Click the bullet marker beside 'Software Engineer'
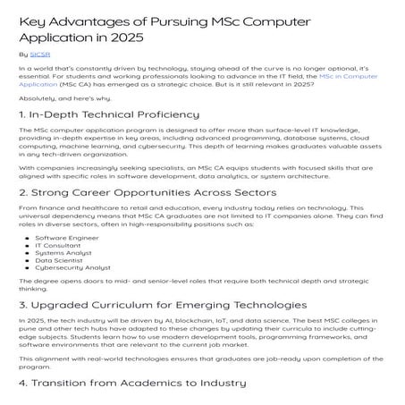pyautogui.click(x=30, y=240)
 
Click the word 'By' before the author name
pyautogui.click(x=23, y=55)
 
